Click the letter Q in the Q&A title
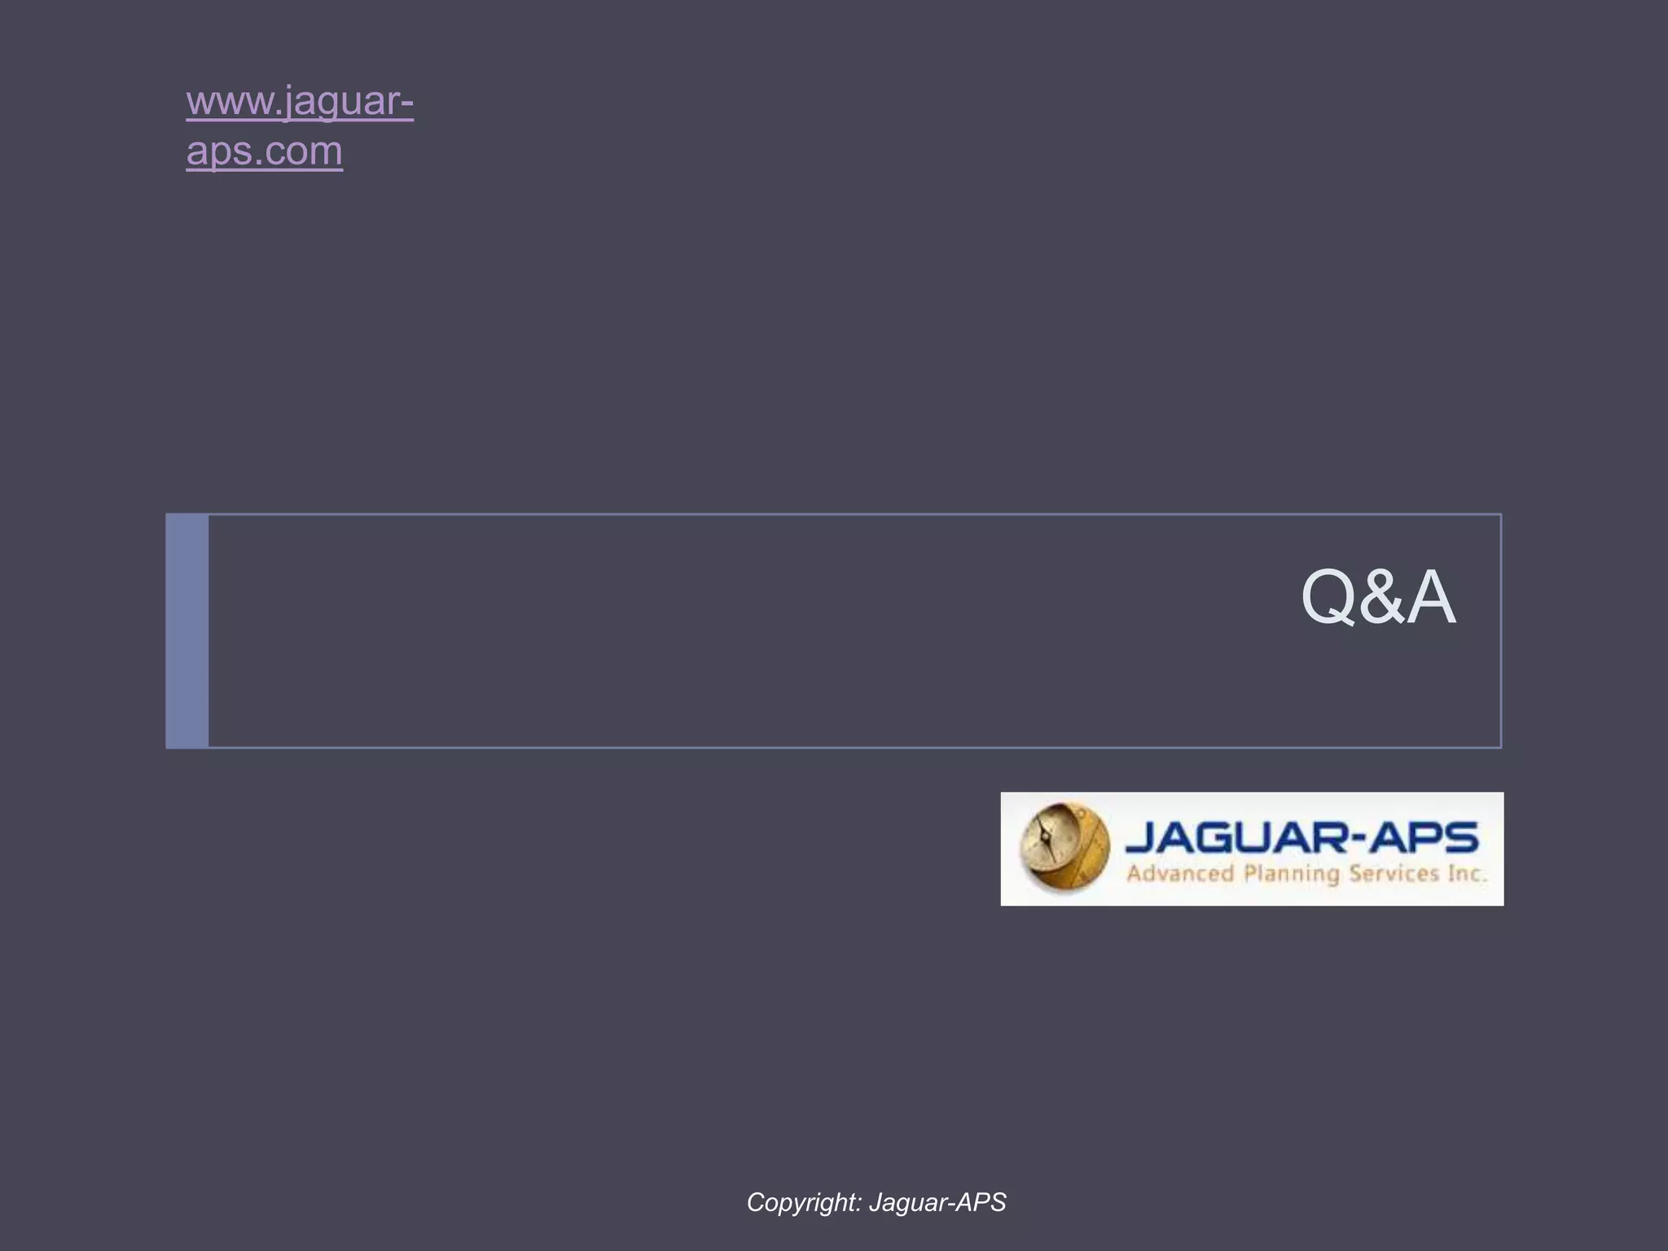click(x=1327, y=597)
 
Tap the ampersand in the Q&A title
click(x=1380, y=597)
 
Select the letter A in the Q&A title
click(x=1429, y=597)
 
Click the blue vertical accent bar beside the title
click(x=187, y=630)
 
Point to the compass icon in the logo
click(x=1064, y=846)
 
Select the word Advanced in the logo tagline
click(x=1180, y=874)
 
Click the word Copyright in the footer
click(x=801, y=1202)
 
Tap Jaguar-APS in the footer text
click(x=937, y=1202)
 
